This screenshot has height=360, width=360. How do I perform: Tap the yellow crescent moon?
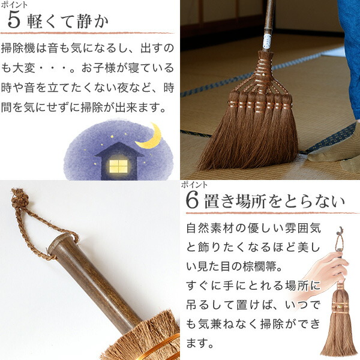point(150,137)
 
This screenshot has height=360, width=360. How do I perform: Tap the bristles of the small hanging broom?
point(339,336)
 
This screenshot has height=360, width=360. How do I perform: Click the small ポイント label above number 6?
point(195,185)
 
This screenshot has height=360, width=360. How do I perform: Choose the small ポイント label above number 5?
point(14,4)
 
